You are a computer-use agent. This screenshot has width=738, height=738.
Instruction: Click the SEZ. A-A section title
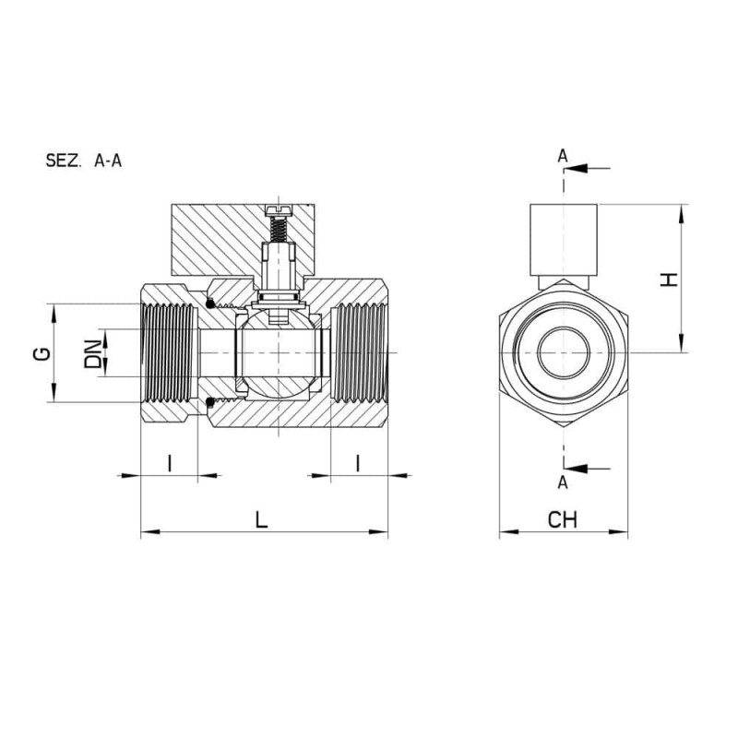pos(84,161)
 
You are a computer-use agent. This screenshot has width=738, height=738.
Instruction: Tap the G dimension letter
pos(42,354)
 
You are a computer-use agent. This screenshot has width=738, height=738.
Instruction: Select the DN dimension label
pos(93,353)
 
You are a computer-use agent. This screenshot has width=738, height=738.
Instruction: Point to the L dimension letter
pos(261,519)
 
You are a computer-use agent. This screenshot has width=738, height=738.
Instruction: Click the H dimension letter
pos(668,280)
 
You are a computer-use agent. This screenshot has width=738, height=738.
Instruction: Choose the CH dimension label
pos(562,519)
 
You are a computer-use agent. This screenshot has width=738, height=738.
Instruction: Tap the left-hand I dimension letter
pos(170,463)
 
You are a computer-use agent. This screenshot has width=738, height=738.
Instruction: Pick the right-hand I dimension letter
pos(358,463)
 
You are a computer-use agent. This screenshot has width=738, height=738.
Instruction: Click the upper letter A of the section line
pos(563,156)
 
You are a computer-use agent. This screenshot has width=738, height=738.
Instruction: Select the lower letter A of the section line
pos(563,482)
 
